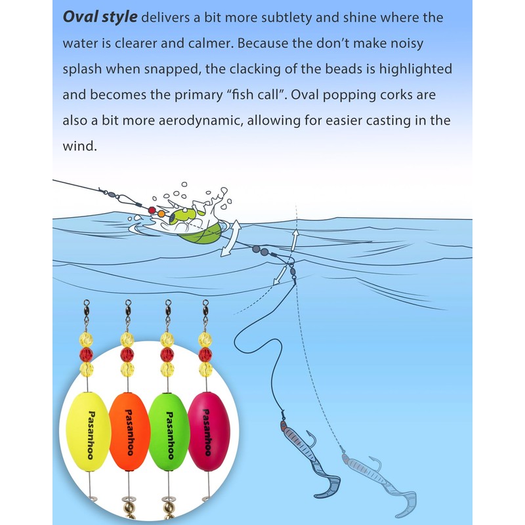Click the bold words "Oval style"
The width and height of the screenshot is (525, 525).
100,17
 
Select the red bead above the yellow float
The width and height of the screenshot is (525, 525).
86,354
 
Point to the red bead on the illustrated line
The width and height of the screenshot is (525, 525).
152,211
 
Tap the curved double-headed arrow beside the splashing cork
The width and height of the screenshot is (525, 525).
230,239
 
